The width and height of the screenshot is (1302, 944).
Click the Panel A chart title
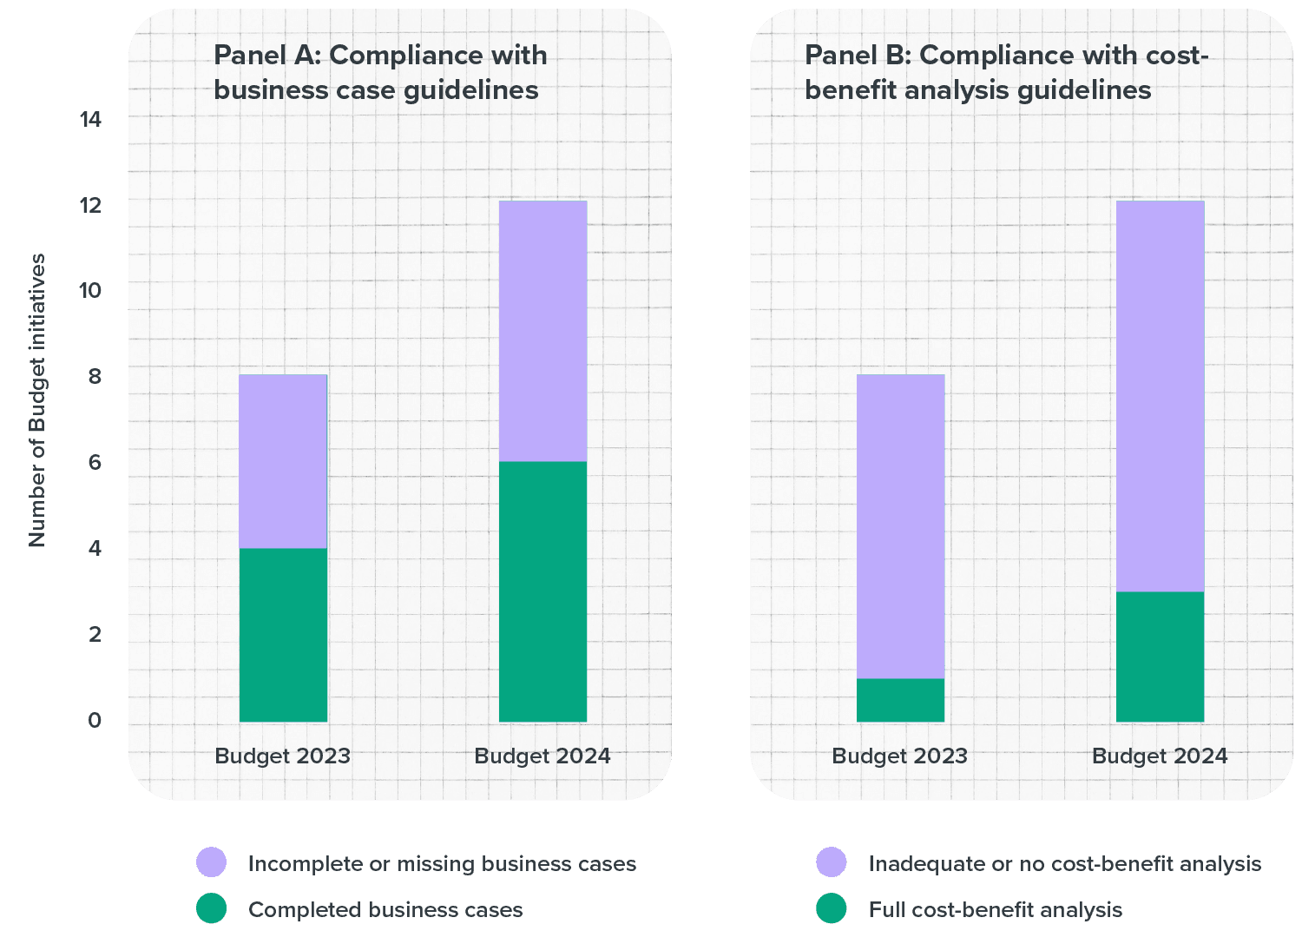[x=380, y=72]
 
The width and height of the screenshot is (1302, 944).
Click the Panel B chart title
[x=1006, y=72]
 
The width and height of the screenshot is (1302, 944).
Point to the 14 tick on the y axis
[x=90, y=119]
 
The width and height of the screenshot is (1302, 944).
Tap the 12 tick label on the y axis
[x=90, y=206]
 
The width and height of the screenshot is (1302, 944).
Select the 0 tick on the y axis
[x=95, y=720]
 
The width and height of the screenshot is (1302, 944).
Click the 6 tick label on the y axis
[x=95, y=462]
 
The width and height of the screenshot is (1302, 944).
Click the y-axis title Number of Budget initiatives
[x=36, y=400]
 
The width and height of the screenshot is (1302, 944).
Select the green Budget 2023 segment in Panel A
[x=283, y=635]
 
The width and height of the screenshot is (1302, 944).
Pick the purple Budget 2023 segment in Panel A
[x=283, y=461]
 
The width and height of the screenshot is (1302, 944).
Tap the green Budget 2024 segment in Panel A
[x=542, y=591]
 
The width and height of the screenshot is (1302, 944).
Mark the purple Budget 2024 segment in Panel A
[x=542, y=331]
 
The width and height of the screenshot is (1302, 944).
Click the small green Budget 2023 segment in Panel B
[x=900, y=700]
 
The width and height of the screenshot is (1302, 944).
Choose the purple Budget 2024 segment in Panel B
[x=1160, y=396]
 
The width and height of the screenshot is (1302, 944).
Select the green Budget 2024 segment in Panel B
[x=1160, y=657]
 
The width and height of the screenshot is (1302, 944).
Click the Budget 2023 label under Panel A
[x=283, y=756]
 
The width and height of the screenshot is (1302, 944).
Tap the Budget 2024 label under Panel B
[x=1160, y=756]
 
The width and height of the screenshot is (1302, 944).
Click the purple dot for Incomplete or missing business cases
[x=212, y=862]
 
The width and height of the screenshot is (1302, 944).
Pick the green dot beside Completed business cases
[x=212, y=908]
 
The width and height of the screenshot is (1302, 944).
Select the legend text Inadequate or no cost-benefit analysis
[x=1064, y=863]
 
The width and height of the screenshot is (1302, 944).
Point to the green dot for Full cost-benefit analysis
[x=832, y=908]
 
